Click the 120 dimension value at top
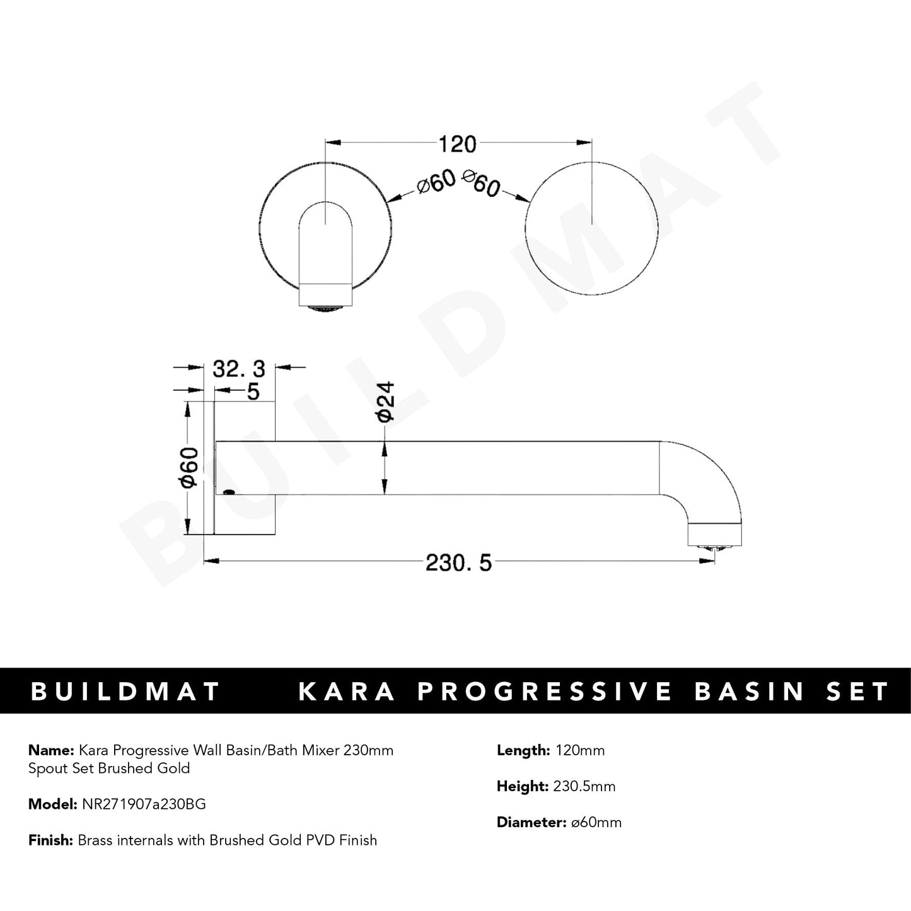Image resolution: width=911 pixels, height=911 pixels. click(x=457, y=144)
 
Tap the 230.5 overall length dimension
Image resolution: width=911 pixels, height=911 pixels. click(x=458, y=562)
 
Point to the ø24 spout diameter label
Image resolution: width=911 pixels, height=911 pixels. click(x=385, y=401)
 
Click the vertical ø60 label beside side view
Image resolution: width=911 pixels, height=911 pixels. click(x=189, y=467)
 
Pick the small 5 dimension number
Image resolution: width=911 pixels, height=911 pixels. click(x=253, y=392)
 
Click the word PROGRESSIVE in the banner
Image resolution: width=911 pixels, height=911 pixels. click(x=545, y=691)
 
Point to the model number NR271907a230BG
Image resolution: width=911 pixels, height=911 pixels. click(x=143, y=804)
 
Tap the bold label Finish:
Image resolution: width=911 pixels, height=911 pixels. click(x=52, y=840)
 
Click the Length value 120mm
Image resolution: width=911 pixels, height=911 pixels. click(x=579, y=750)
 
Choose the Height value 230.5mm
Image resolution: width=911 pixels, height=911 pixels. click(x=584, y=786)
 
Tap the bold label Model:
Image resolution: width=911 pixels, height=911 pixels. click(x=54, y=804)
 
